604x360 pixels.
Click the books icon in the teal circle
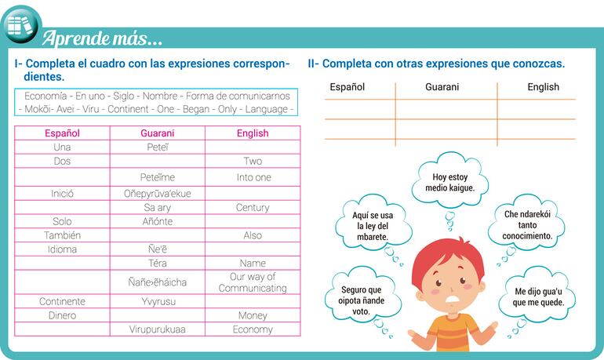[x=20, y=25]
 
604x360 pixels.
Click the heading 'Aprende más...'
[x=102, y=38]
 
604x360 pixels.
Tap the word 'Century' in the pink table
[x=253, y=208]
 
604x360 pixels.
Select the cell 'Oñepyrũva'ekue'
[x=157, y=193]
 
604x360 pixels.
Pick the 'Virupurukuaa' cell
[x=157, y=329]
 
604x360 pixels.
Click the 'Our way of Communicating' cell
[x=253, y=282]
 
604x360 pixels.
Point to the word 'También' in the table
[x=62, y=235]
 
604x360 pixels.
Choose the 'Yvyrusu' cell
[x=158, y=301]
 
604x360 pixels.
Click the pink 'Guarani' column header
[x=157, y=133]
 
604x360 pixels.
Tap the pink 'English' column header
[x=253, y=133]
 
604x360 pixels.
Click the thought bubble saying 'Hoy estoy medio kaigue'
[x=450, y=181]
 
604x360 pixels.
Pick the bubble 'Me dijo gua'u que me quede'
[x=538, y=296]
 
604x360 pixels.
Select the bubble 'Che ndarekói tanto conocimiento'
[x=527, y=224]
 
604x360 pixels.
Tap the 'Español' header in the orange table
[x=347, y=87]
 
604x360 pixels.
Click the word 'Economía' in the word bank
[x=45, y=96]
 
